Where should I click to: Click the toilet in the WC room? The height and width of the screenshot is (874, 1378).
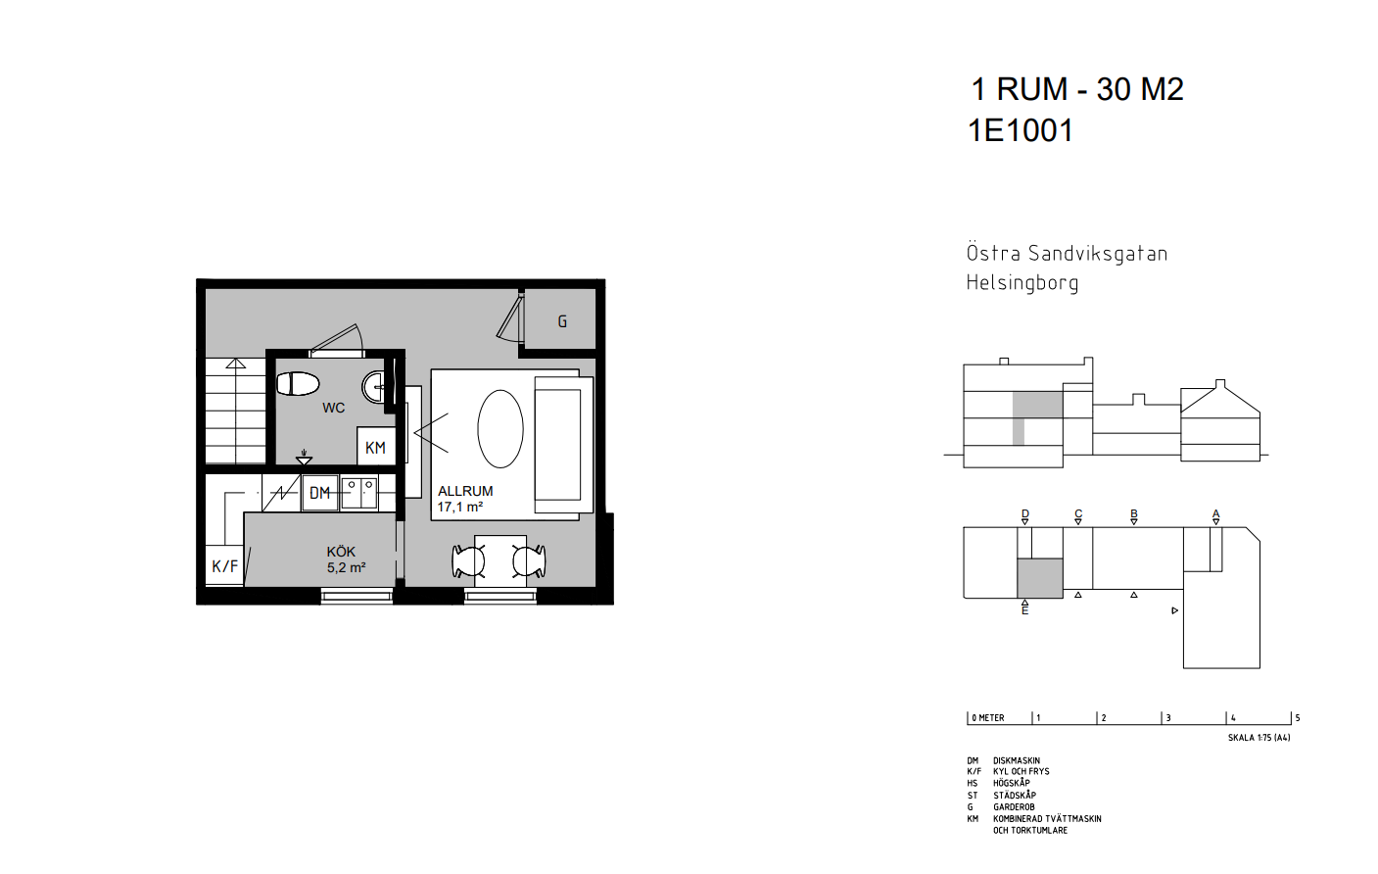coord(298,383)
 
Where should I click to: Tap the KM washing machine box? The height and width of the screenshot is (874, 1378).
coord(376,446)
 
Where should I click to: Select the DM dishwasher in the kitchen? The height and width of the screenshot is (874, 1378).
coord(320,493)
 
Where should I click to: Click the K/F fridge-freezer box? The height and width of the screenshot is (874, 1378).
coord(224,565)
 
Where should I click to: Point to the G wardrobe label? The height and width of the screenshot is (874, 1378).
coord(562,321)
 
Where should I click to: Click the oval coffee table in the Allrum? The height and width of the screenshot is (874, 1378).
coord(500,429)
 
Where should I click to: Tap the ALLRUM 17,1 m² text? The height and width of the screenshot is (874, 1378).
coord(465,499)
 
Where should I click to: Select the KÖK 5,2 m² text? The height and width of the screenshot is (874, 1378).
coord(347,559)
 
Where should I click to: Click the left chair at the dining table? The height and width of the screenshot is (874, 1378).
coord(468,561)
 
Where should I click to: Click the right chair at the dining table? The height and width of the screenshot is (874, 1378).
coord(529,561)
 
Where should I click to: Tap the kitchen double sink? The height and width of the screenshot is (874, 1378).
coord(359,493)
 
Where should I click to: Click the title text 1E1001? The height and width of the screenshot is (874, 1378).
coord(1021,130)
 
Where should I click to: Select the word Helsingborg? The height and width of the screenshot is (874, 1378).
coord(1022,283)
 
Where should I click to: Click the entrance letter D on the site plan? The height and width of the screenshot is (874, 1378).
coord(1024,513)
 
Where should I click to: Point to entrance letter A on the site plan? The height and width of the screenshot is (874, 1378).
coord(1215,513)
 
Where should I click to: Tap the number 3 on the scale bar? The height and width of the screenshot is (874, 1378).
coord(1168,717)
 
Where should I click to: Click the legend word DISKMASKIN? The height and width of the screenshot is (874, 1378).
coord(1017,760)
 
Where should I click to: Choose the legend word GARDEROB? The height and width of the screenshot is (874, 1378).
coord(1014,807)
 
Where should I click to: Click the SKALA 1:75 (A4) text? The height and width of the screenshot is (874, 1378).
coord(1259,738)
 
